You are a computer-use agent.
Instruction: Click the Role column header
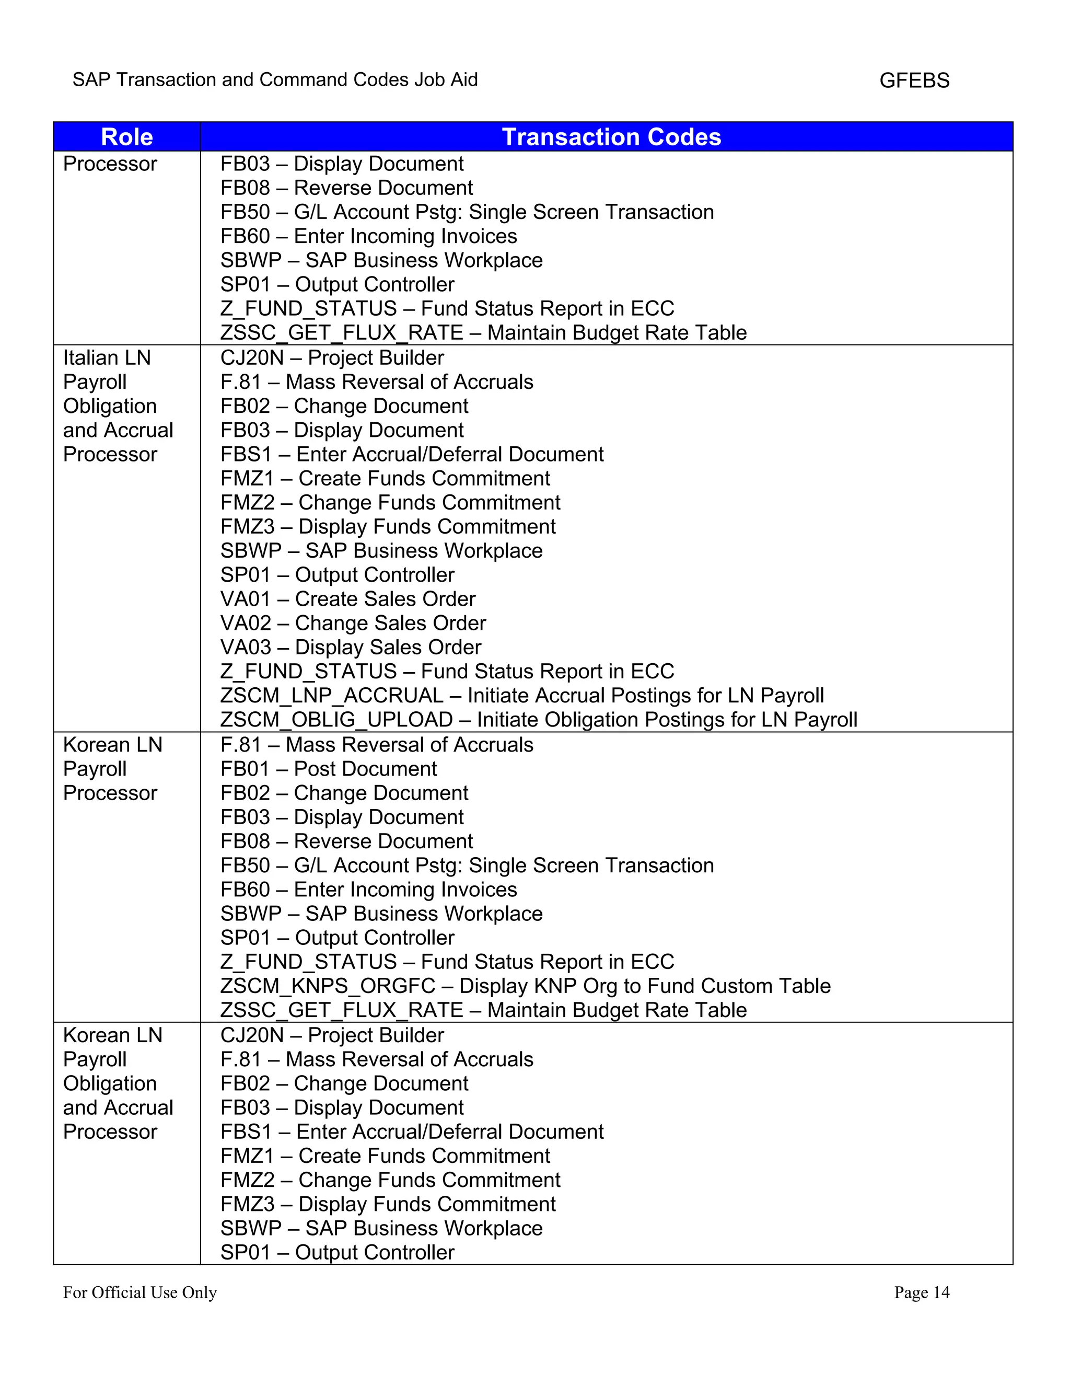(127, 137)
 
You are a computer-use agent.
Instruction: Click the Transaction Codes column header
(611, 137)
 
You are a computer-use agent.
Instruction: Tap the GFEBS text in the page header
(914, 80)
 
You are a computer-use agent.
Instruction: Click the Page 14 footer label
(921, 1292)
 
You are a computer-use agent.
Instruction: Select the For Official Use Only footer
(139, 1292)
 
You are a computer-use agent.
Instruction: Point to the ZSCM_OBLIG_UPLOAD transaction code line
(538, 720)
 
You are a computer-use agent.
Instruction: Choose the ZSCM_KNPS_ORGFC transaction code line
(525, 986)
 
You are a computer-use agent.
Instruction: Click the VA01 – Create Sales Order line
(347, 599)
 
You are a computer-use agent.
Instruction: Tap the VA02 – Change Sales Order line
(353, 624)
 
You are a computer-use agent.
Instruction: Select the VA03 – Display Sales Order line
(351, 648)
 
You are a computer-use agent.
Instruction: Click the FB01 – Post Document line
(328, 769)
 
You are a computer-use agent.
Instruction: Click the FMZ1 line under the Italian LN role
(385, 479)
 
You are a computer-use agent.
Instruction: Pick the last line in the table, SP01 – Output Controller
(337, 1252)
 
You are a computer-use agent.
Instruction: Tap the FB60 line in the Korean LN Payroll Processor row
(368, 890)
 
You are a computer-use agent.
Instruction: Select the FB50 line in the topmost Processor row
(467, 212)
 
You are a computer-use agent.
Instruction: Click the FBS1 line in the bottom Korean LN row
(411, 1132)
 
